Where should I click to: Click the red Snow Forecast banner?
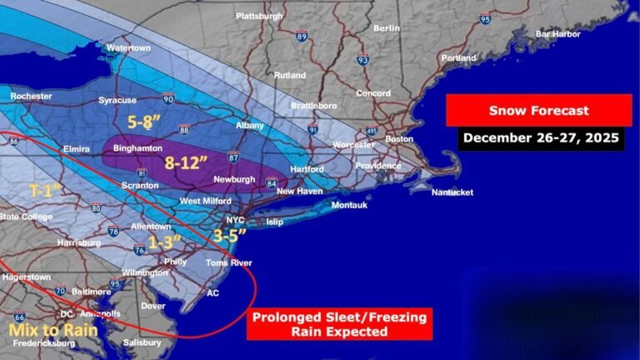[538, 110]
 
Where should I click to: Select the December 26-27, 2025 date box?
[541, 137]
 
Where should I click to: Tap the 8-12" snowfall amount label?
[186, 162]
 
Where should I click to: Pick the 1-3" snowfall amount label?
[165, 243]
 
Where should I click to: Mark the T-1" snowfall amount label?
[47, 190]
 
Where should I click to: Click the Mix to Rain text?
[53, 330]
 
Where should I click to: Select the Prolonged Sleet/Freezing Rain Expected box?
[339, 324]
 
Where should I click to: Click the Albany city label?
[250, 126]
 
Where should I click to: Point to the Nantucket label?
[452, 192]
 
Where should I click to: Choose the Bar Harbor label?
[557, 34]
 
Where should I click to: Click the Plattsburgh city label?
[259, 16]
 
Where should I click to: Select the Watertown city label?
[128, 48]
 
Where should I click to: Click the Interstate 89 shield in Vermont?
[301, 37]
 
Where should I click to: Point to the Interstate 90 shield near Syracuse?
[168, 99]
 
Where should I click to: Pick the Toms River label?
[229, 262]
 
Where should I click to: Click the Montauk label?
[349, 206]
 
